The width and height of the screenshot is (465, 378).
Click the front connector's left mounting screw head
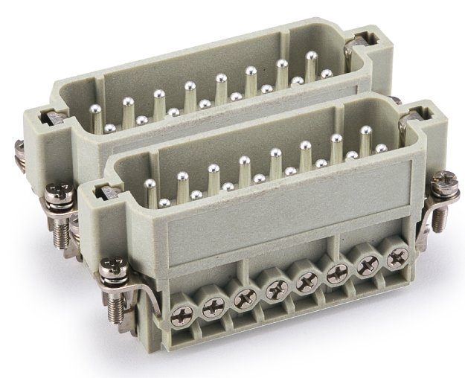[113, 264]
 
